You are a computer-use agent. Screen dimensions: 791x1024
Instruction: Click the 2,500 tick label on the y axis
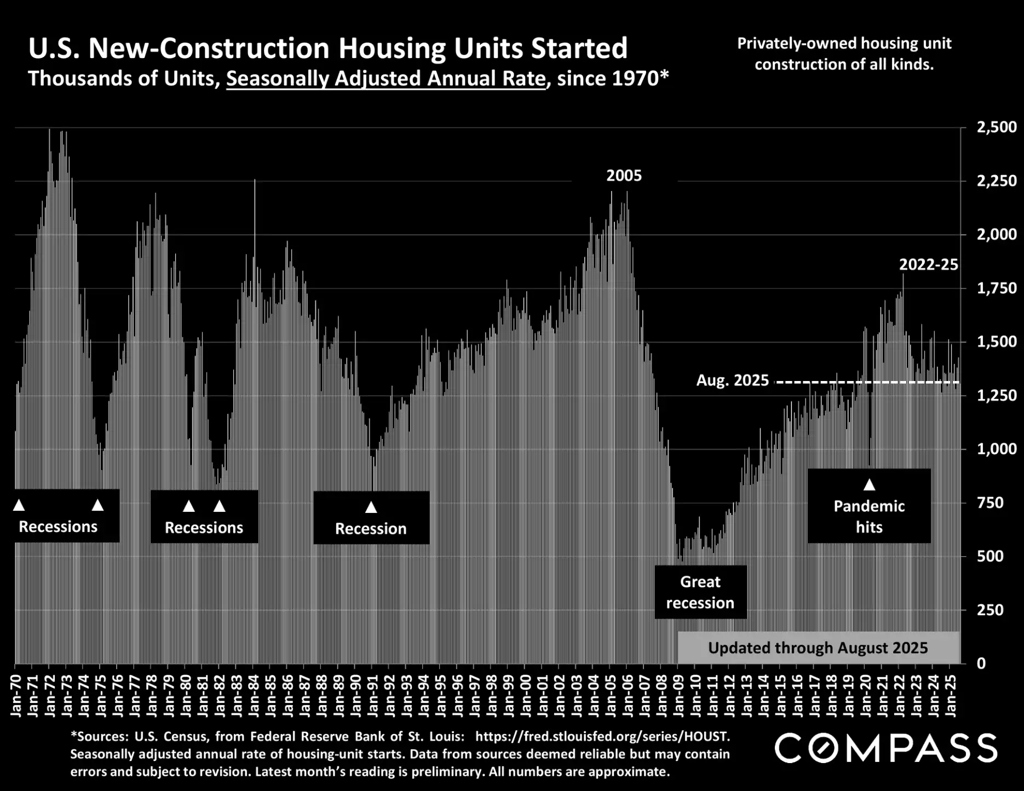coord(996,128)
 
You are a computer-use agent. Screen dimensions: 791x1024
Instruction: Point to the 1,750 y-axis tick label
coord(996,288)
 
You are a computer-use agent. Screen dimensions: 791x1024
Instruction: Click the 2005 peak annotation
coord(624,176)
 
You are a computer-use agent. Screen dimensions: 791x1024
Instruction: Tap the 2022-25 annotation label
coord(928,265)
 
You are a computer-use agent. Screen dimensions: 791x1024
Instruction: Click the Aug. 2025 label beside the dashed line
coord(732,380)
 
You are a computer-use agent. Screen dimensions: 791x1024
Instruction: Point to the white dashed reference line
coord(868,382)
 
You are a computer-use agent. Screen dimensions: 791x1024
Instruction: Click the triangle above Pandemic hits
coord(869,485)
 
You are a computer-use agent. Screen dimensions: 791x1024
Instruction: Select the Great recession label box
coord(700,592)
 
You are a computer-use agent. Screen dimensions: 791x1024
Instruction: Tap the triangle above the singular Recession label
coord(371,507)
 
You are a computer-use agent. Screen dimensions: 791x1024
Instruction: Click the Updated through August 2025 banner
coord(818,648)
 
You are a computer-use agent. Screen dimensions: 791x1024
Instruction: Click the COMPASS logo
coord(885,748)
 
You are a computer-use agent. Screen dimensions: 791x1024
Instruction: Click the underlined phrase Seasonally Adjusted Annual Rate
coord(386,79)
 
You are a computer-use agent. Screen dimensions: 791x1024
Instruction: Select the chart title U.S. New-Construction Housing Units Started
coord(327,48)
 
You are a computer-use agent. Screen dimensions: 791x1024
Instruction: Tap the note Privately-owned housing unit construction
coord(844,54)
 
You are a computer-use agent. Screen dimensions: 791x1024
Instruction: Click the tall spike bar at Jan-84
coord(254,230)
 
